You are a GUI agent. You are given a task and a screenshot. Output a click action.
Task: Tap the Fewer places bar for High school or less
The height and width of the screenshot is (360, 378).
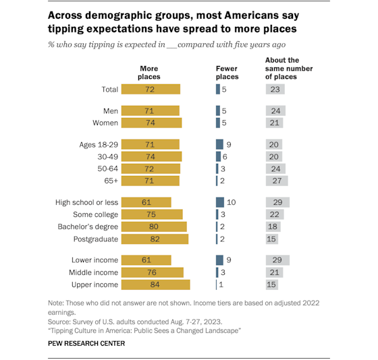pyautogui.click(x=219, y=202)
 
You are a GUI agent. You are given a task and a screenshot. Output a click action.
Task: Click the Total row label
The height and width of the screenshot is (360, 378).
pyautogui.click(x=109, y=89)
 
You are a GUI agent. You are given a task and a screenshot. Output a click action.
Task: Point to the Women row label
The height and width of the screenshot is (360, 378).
pyautogui.click(x=105, y=123)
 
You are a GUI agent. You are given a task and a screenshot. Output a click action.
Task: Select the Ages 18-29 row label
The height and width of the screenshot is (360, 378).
pyautogui.click(x=99, y=144)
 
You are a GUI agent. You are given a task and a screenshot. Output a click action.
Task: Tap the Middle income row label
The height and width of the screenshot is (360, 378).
pyautogui.click(x=94, y=272)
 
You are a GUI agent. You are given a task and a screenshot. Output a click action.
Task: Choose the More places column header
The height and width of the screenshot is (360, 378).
pyautogui.click(x=149, y=73)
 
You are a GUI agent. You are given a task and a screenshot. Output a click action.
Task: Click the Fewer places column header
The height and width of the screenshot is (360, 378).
pyautogui.click(x=227, y=73)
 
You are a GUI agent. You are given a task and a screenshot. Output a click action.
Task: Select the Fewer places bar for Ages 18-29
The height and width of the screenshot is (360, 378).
pyautogui.click(x=219, y=144)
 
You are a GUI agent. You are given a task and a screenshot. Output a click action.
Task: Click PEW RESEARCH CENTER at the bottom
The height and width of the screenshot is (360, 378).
pyautogui.click(x=86, y=343)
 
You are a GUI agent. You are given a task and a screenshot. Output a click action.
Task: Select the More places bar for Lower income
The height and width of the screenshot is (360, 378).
pyautogui.click(x=148, y=260)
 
